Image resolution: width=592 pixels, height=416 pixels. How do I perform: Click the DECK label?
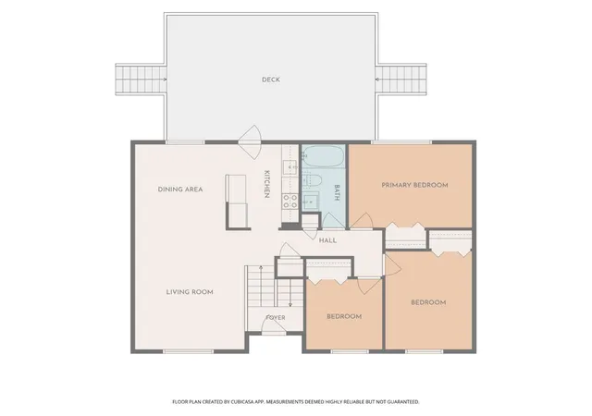click(x=271, y=80)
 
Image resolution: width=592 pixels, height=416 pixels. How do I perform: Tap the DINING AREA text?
click(x=180, y=190)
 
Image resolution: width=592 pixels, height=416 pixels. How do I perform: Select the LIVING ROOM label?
click(x=190, y=292)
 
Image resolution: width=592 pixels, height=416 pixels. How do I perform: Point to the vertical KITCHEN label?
click(x=266, y=184)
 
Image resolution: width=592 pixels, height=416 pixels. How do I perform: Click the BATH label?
click(x=337, y=192)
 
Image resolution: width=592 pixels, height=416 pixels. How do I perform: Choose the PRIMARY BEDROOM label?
click(x=414, y=185)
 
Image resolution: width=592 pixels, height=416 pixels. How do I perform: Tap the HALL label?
click(x=327, y=240)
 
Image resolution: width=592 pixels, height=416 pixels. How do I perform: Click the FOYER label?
click(x=276, y=318)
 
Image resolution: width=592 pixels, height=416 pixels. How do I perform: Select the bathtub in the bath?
click(x=323, y=157)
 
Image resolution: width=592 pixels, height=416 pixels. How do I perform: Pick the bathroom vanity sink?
click(x=312, y=202)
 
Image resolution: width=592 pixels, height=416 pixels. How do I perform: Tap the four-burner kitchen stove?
click(x=290, y=201)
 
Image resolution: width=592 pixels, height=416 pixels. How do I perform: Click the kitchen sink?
click(x=290, y=166)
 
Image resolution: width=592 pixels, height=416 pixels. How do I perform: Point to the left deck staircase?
click(x=141, y=80)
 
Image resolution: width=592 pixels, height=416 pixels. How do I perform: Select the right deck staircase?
click(x=401, y=80)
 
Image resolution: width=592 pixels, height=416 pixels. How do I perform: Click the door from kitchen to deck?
click(x=249, y=141)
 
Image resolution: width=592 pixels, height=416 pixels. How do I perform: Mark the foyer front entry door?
click(x=274, y=327)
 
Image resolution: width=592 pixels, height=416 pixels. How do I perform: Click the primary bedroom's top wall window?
click(x=401, y=142)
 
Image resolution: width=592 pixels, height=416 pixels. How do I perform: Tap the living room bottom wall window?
click(x=189, y=351)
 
